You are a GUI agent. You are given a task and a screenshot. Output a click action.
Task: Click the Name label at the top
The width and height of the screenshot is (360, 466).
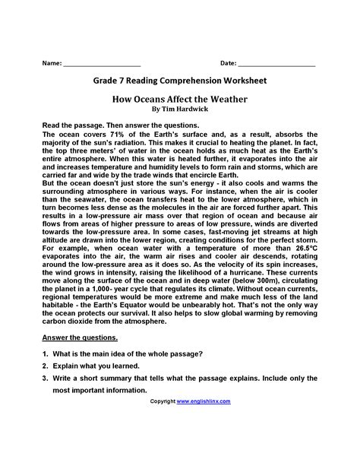(51, 65)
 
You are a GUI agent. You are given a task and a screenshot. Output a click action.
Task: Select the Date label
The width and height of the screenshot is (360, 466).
(229, 65)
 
